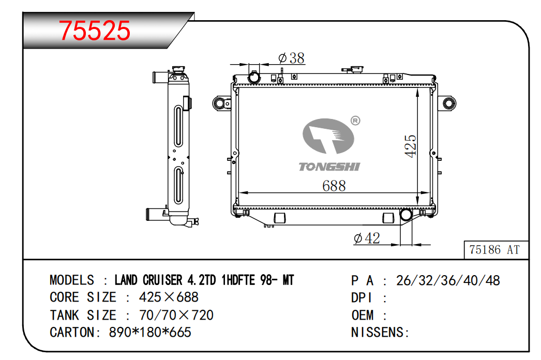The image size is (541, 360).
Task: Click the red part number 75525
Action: [x=95, y=31]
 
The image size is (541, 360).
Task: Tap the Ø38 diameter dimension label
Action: [x=292, y=58]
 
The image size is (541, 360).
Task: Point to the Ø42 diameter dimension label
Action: [x=367, y=238]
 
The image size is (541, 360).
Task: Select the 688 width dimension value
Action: [x=334, y=186]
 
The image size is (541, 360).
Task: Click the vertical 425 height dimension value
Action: [x=411, y=146]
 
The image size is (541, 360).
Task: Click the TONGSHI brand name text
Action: [x=329, y=167]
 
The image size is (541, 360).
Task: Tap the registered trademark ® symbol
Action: [x=355, y=121]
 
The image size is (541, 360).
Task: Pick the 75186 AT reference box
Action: [x=496, y=249]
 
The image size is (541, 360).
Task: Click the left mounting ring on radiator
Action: [x=219, y=103]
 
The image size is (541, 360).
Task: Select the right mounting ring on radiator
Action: [x=448, y=103]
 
